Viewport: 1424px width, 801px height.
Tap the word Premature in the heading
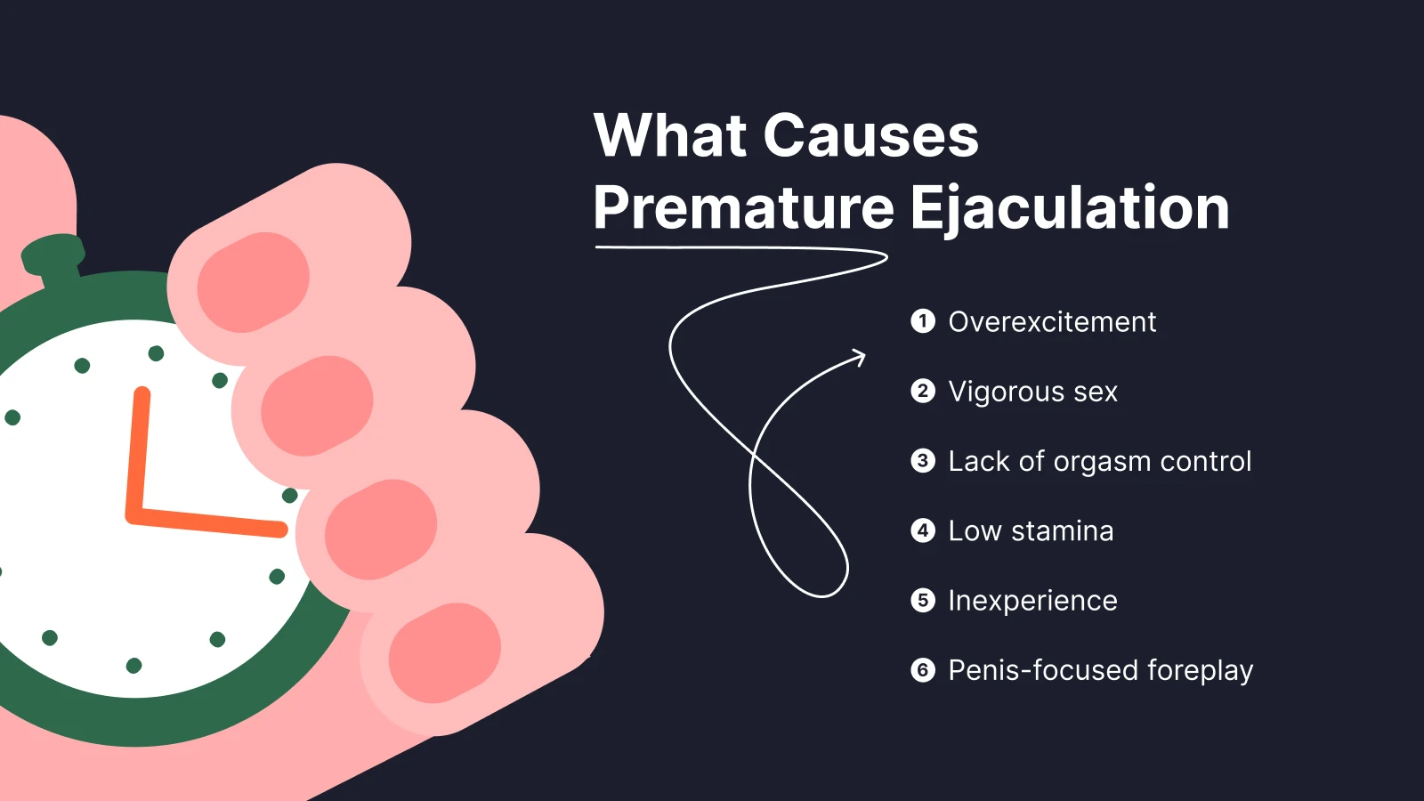[743, 208]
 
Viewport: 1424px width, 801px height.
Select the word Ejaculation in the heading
[1069, 210]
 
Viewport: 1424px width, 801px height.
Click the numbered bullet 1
[923, 321]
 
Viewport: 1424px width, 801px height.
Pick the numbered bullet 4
[923, 530]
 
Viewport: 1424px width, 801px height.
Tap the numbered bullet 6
[923, 670]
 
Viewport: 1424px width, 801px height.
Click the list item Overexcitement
[1052, 322]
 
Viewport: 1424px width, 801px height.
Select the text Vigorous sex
[1032, 392]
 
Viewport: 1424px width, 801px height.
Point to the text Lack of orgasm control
[1099, 461]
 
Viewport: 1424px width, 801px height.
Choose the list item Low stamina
[1031, 531]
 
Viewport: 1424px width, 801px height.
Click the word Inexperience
[1032, 601]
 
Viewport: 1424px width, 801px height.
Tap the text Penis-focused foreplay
[1100, 670]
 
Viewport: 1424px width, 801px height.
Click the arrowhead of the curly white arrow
[859, 357]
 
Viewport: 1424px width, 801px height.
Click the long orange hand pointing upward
[138, 449]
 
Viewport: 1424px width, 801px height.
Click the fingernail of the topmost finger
[253, 282]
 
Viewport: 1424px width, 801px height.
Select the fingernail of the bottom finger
[445, 652]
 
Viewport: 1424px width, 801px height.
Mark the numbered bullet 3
[923, 461]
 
